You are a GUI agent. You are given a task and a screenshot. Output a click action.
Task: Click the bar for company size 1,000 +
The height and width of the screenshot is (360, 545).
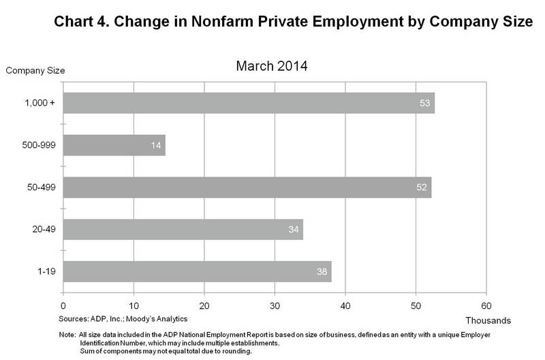point(249,103)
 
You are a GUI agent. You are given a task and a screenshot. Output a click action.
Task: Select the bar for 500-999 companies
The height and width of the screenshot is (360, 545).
point(114,145)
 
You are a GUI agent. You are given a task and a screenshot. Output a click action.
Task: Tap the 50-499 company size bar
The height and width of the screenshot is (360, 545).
point(247,187)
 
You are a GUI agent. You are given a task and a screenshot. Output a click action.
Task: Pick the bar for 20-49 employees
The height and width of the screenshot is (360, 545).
point(183,229)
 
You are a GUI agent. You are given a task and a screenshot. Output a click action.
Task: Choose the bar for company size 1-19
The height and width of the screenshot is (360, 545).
point(197,271)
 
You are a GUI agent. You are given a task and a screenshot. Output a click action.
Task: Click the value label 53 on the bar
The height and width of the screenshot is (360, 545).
point(425,104)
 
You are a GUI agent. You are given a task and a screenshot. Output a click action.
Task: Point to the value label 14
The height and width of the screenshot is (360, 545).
point(156,145)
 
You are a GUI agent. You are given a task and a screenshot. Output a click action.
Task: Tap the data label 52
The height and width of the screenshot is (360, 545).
point(422,187)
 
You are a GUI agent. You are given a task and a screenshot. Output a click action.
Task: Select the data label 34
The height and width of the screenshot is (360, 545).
point(294,229)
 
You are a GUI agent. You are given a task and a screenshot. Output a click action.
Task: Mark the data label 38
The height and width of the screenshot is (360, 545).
point(322,271)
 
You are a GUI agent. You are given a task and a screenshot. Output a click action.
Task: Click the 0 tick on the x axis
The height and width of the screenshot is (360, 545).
point(63,305)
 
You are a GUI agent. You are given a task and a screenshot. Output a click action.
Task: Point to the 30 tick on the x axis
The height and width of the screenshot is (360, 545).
point(275,305)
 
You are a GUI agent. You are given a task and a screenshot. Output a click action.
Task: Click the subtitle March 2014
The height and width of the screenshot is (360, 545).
point(270,67)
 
